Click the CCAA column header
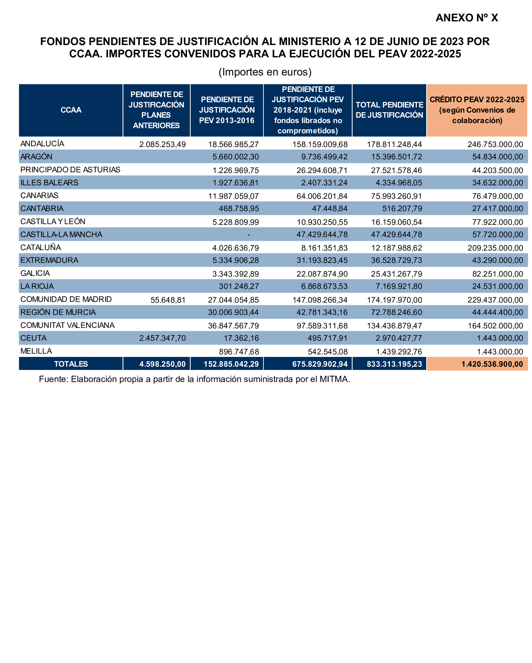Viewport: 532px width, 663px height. pyautogui.click(x=71, y=110)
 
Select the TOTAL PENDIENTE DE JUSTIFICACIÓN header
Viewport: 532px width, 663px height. pyautogui.click(x=389, y=110)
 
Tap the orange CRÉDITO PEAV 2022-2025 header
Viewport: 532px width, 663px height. pyautogui.click(x=477, y=110)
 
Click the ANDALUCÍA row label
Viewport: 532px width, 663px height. pyautogui.click(x=42, y=144)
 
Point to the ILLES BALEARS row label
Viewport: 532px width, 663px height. pyautogui.click(x=50, y=183)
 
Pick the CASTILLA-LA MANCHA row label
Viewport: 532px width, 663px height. pyautogui.click(x=61, y=234)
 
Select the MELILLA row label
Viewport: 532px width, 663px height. pyautogui.click(x=36, y=351)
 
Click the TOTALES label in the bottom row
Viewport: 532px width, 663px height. pyautogui.click(x=71, y=364)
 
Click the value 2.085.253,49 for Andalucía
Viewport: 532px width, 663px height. pyautogui.click(x=162, y=144)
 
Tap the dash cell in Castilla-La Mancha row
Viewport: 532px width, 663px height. pyautogui.click(x=248, y=235)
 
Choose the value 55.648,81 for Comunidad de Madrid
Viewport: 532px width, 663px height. pyautogui.click(x=168, y=300)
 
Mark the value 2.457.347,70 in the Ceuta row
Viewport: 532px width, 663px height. pyautogui.click(x=162, y=338)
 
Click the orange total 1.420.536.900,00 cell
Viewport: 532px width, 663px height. pyautogui.click(x=492, y=364)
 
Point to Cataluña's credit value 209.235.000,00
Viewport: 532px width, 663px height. pyautogui.click(x=495, y=248)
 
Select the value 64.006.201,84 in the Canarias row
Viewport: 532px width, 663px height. pyautogui.click(x=322, y=196)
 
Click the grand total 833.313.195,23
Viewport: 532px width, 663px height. pyautogui.click(x=394, y=364)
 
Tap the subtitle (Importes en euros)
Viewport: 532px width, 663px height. pyautogui.click(x=265, y=72)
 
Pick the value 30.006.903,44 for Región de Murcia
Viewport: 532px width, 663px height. pyautogui.click(x=233, y=312)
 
